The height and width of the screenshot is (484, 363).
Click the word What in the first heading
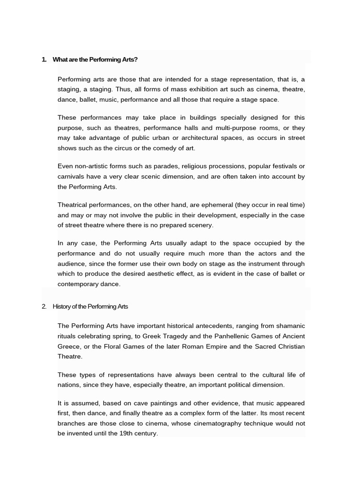click(60, 60)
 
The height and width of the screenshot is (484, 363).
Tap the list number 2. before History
click(44, 306)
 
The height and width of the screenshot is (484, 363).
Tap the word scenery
click(200, 225)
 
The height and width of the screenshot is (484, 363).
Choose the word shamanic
click(288, 326)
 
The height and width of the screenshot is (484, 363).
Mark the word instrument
click(255, 264)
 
